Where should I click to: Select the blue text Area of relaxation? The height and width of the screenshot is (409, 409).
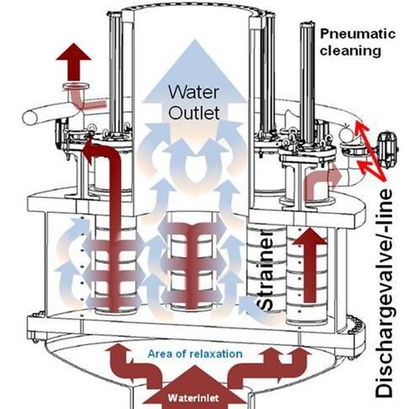click(x=195, y=354)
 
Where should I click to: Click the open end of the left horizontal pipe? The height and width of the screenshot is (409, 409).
click(x=30, y=117)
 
